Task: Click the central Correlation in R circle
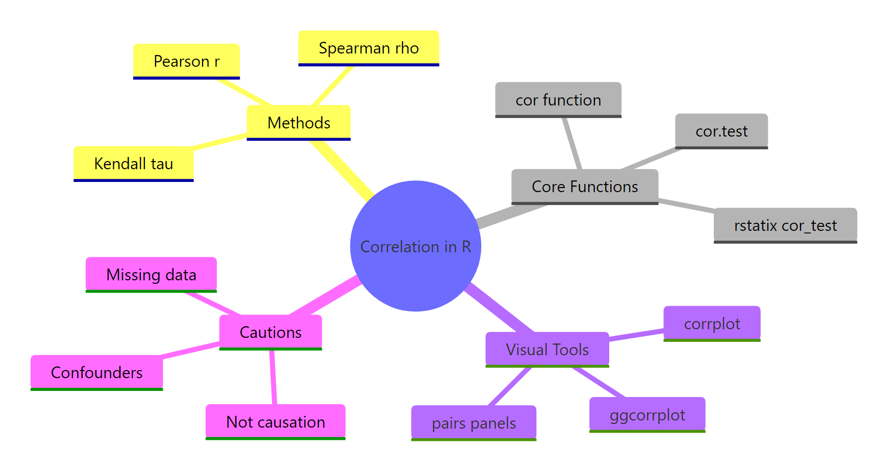click(415, 246)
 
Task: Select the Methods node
click(298, 122)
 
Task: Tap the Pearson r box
click(186, 61)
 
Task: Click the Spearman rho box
click(368, 48)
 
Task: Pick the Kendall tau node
click(133, 163)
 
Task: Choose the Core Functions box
click(585, 186)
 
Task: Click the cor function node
click(558, 99)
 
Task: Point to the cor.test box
click(721, 131)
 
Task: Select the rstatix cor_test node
click(785, 225)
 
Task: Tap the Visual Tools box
click(547, 349)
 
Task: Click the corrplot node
click(712, 323)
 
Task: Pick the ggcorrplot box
click(647, 414)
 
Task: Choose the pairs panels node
click(474, 423)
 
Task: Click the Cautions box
click(270, 332)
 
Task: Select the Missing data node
click(151, 274)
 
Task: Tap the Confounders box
click(96, 372)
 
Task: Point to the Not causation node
click(276, 421)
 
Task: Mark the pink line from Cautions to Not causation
click(273, 377)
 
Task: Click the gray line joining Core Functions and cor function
click(572, 143)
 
